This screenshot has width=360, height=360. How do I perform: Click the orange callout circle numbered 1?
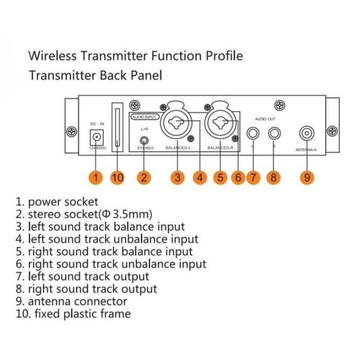coord(96,178)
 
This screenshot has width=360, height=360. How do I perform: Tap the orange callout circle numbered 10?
coord(118,178)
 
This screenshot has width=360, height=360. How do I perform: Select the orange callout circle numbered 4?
coord(200,178)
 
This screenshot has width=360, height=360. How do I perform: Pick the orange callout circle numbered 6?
coord(237,178)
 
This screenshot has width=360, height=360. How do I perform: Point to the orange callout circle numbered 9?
coord(307,178)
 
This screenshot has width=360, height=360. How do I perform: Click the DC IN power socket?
coord(97,137)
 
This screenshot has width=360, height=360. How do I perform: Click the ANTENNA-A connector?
coord(308,133)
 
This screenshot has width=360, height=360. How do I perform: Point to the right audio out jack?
coord(275,134)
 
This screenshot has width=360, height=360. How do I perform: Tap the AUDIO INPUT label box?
coord(145,117)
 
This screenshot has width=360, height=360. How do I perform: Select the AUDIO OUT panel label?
coord(264,119)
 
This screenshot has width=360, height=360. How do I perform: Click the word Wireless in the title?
coord(52,55)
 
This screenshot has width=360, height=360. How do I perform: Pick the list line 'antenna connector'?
coord(77,301)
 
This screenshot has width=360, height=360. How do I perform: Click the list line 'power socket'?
coord(62,202)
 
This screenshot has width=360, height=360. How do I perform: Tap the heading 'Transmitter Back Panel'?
coord(95,76)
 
